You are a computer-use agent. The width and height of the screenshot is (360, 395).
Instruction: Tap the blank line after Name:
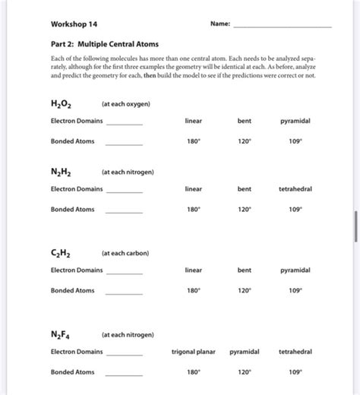tap(282, 26)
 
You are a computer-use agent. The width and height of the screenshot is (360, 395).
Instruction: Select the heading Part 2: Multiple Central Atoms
tap(99, 45)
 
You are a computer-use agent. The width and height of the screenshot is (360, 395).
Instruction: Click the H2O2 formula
tap(63, 103)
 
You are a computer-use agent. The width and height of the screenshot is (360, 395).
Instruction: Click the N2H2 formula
tap(63, 172)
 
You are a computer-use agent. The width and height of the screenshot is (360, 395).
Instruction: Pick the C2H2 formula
tap(63, 253)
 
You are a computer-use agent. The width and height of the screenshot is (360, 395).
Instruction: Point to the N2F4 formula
tap(63, 335)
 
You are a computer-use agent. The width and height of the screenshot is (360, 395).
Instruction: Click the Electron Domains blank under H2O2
tap(124, 123)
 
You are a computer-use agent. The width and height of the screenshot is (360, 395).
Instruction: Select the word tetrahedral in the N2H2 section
tap(295, 189)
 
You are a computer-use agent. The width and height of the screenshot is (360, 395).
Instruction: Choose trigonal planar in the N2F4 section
tap(194, 352)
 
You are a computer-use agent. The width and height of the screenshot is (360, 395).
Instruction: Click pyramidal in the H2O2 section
tap(295, 121)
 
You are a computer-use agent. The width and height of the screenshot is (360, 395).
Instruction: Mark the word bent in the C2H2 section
tap(244, 270)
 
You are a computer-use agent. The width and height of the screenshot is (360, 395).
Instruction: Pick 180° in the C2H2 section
tap(194, 291)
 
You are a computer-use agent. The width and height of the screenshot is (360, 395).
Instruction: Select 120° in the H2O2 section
tap(244, 141)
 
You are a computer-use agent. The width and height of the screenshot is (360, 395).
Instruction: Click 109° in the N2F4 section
tap(295, 372)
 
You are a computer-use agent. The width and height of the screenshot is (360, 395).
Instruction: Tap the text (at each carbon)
tap(125, 253)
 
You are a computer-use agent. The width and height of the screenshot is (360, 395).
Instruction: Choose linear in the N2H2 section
tap(194, 189)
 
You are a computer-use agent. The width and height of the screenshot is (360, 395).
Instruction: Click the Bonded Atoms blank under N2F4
tap(124, 374)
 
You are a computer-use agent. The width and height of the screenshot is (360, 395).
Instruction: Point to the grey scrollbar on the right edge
tap(355, 226)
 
